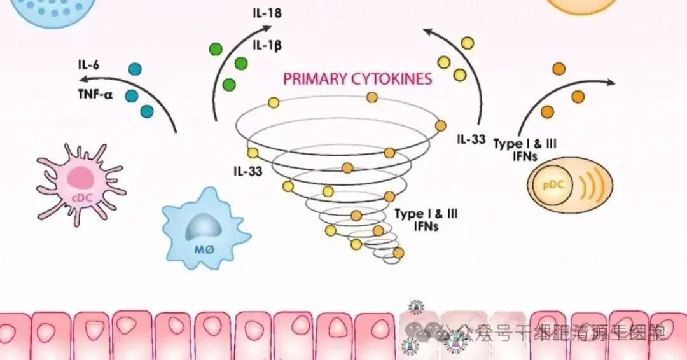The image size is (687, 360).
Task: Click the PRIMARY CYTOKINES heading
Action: pyautogui.click(x=357, y=79)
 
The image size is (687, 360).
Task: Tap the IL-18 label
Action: pyautogui.click(x=267, y=12)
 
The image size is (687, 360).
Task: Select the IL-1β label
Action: pyautogui.click(x=267, y=46)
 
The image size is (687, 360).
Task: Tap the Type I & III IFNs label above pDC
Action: pyautogui.click(x=525, y=148)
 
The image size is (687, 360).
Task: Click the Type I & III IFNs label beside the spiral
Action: pyautogui.click(x=426, y=219)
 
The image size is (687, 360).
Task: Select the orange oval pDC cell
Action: pyautogui.click(x=569, y=186)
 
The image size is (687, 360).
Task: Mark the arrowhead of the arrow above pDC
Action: pyautogui.click(x=612, y=83)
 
